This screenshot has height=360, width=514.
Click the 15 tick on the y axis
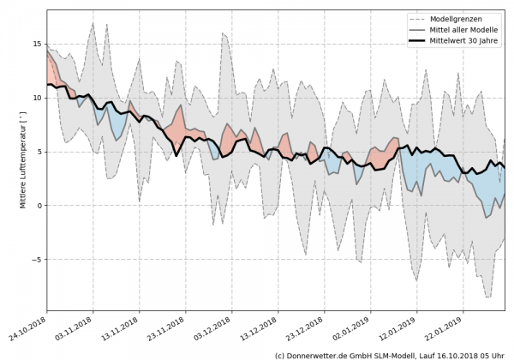(x=36, y=44)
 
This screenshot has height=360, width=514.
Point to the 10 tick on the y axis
(x=36, y=98)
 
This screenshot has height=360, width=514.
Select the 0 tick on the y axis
(x=39, y=206)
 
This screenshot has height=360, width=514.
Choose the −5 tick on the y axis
(x=36, y=260)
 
